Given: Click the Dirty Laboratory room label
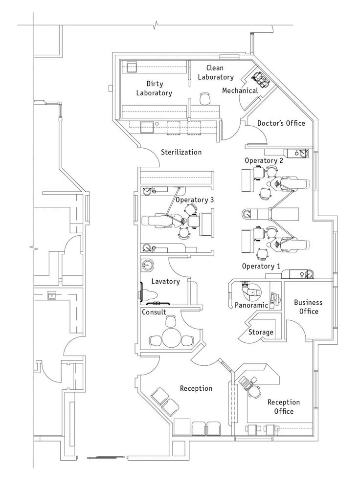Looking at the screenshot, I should (x=154, y=88).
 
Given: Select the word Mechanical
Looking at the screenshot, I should (x=240, y=90).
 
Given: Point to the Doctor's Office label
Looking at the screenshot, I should (x=281, y=123).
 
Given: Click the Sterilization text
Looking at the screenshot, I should (x=181, y=152).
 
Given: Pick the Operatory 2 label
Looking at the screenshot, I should (x=264, y=160).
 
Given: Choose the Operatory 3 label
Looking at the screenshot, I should (x=194, y=200).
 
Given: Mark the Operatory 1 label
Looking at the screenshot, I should (x=261, y=266).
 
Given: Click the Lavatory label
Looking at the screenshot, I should (x=165, y=281).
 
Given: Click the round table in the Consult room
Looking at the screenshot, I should (x=170, y=338).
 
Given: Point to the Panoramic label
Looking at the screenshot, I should (x=251, y=305).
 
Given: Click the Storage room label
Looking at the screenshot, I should (x=261, y=333).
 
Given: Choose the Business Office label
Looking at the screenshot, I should (x=306, y=307).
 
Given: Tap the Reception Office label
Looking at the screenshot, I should (x=283, y=406).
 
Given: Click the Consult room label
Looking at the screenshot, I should (x=154, y=312).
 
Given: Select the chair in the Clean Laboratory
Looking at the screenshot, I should (x=204, y=98).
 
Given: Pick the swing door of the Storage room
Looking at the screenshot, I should (x=242, y=334).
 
